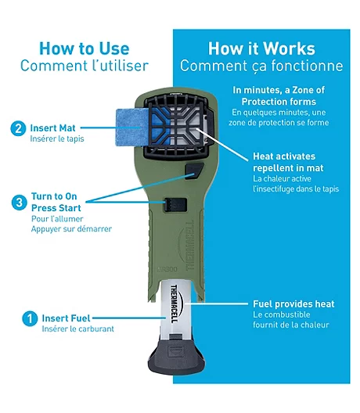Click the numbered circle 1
point(30,318)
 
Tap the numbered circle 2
point(18,128)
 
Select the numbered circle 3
point(20,203)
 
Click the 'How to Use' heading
point(85,48)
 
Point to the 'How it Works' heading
point(261,48)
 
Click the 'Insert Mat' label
point(52,128)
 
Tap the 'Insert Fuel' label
point(66,318)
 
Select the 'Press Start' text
point(56,208)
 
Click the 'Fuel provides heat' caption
point(293,304)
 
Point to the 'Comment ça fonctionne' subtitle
point(261,66)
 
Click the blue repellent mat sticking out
point(131,127)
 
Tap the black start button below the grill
point(194,171)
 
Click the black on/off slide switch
point(176,205)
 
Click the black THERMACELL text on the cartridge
point(175,303)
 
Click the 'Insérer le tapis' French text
point(57,138)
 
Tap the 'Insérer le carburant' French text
point(78,329)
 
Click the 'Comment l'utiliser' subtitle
point(85,66)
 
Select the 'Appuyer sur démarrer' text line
point(71,229)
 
